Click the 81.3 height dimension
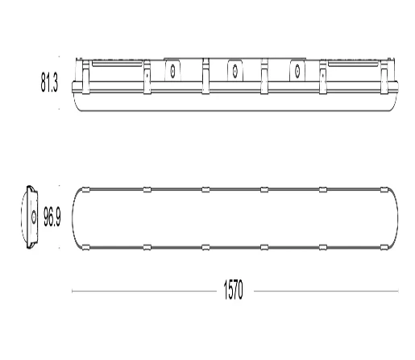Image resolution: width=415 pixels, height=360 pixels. pyautogui.click(x=49, y=82)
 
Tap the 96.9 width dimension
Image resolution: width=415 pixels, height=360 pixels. pyautogui.click(x=52, y=217)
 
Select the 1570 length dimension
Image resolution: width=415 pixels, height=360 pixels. pyautogui.click(x=233, y=290)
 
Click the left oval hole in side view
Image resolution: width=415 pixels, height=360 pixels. pyautogui.click(x=172, y=71)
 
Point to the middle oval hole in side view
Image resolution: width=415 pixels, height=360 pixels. pyautogui.click(x=235, y=71)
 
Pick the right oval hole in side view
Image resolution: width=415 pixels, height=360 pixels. pyautogui.click(x=297, y=71)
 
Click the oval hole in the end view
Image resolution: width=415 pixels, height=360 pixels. pyautogui.click(x=34, y=217)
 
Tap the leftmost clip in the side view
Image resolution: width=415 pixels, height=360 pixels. pyautogui.click(x=85, y=77)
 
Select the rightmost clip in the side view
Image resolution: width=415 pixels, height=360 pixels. pyautogui.click(x=384, y=77)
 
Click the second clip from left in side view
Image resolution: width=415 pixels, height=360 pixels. pyautogui.click(x=147, y=77)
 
